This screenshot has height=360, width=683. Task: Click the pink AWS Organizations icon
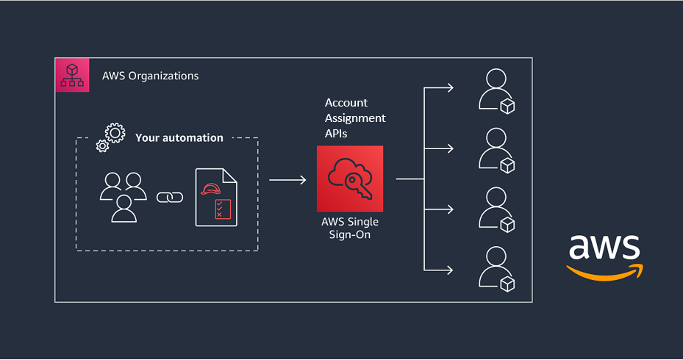[72, 75]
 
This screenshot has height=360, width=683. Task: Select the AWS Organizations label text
[150, 76]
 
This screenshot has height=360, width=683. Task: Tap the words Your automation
[179, 137]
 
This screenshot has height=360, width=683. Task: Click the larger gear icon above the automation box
[115, 133]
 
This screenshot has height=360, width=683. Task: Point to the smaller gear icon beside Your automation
[102, 145]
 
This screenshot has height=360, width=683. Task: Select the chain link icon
[170, 197]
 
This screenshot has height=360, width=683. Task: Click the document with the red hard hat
[215, 197]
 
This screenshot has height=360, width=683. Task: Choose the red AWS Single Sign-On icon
[350, 178]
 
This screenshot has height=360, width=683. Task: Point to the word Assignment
[355, 118]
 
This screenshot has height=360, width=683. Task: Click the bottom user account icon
[495, 268]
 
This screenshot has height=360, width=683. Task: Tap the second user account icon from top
[495, 149]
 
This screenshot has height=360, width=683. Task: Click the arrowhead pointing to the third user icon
[450, 209]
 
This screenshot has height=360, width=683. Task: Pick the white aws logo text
[604, 246]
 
